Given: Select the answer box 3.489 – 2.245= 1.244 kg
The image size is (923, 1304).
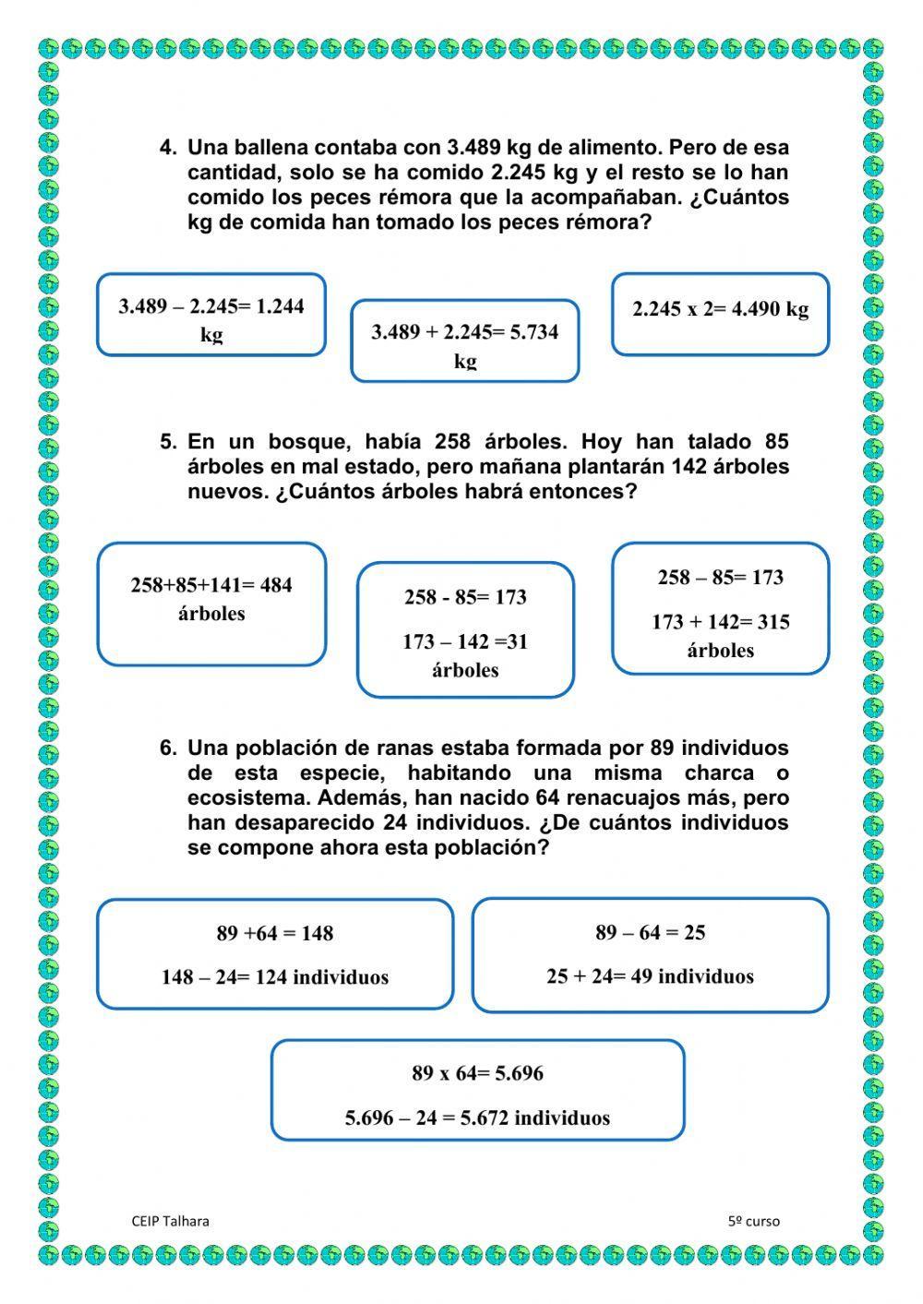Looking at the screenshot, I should tap(211, 315).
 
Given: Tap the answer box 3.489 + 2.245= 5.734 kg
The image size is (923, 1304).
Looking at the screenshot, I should tap(464, 341).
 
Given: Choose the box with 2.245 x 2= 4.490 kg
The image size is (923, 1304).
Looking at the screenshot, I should tap(720, 314).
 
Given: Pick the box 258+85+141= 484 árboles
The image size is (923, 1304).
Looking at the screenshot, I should tap(211, 604).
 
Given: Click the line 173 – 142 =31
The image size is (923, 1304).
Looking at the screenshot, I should tap(464, 642).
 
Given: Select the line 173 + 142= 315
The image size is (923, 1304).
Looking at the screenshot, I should tap(720, 622).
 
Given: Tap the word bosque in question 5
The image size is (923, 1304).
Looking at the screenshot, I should tap(306, 442).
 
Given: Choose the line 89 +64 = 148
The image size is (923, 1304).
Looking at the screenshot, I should tap(275, 933).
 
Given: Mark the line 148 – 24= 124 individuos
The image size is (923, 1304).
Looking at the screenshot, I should tap(275, 977).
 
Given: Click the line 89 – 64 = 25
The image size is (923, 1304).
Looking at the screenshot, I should tap(650, 932).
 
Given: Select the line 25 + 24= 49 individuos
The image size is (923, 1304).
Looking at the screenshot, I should tap(650, 976).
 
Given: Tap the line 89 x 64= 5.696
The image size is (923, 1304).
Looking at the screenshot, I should tap(477, 1073).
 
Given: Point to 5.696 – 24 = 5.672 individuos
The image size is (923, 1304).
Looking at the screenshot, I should tap(477, 1118).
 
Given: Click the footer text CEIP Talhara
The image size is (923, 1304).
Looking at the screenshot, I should tap(171, 1221).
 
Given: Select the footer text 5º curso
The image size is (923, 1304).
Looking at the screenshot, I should tap(753, 1221).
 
